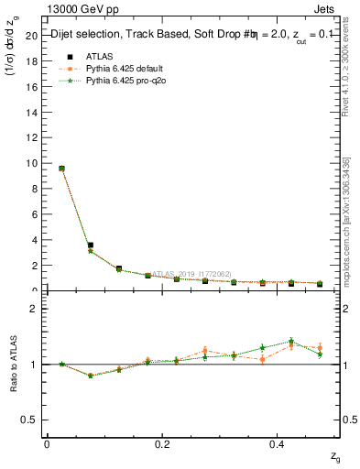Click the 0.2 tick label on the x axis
pos(162,444)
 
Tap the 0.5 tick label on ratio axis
pos(27,420)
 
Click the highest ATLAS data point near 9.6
pos(61,169)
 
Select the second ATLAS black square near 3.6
pos(90,245)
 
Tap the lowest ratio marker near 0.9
pos(90,376)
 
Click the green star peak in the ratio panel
pos(291,342)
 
